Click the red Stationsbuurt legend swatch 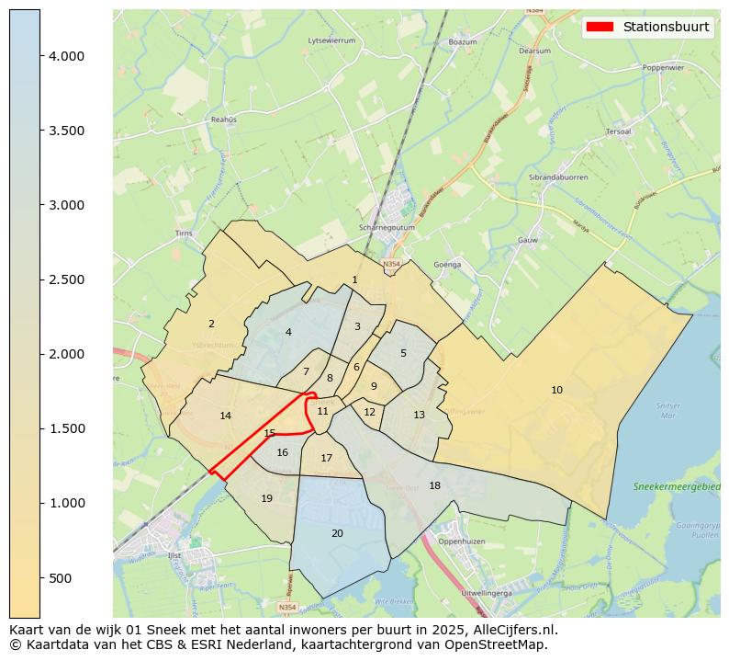[x=600, y=27]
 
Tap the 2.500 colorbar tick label [x=67, y=279]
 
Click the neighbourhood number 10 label [x=556, y=391]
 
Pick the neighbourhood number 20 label [x=337, y=534]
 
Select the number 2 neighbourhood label [x=211, y=324]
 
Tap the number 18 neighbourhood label [x=434, y=486]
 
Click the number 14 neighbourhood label [x=226, y=416]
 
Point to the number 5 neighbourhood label [x=403, y=354]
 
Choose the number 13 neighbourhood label [x=419, y=416]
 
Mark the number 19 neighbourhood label [x=266, y=499]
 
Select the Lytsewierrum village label [x=331, y=40]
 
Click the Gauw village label [x=527, y=240]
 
